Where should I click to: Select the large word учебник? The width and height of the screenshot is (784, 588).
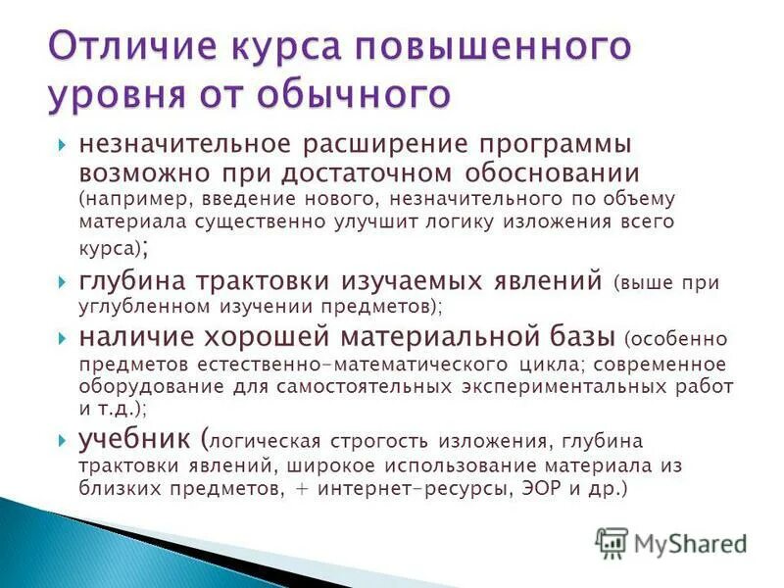[135, 438]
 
